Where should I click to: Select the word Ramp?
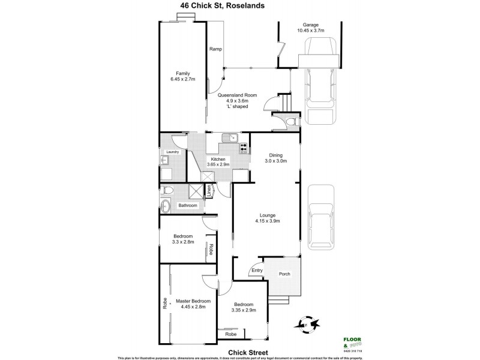(215, 50)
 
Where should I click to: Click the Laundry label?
(173, 152)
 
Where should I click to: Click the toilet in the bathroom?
(169, 191)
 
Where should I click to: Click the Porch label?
(285, 274)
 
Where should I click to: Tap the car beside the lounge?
(320, 217)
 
